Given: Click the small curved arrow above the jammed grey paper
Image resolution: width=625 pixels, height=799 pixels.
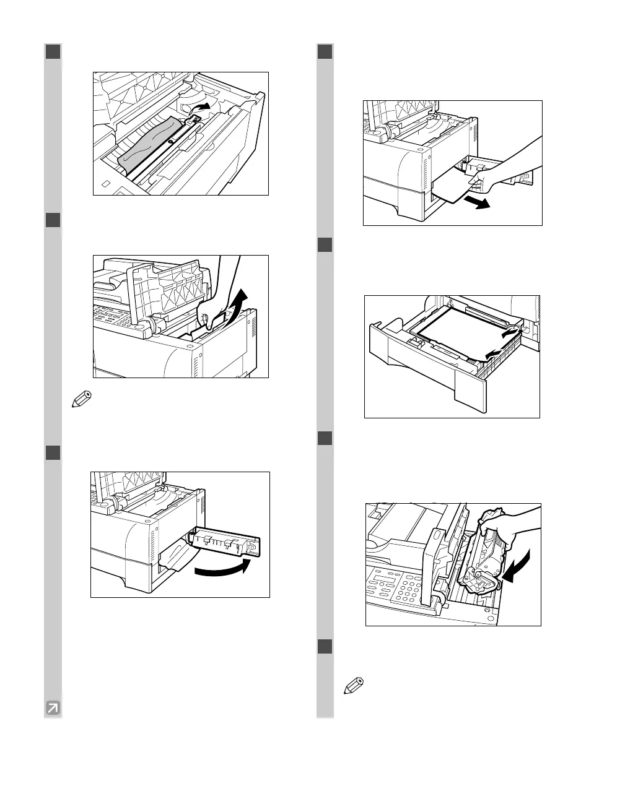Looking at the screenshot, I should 199,108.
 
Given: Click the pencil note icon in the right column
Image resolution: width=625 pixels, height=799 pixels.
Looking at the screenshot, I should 352,687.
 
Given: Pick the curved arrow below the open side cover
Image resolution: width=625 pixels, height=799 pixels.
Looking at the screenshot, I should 223,568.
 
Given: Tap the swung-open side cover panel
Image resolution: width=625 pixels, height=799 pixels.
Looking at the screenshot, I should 227,543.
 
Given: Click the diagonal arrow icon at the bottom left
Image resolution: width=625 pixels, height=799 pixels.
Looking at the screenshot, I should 53,707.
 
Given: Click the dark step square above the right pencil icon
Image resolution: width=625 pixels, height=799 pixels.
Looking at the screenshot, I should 325,646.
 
